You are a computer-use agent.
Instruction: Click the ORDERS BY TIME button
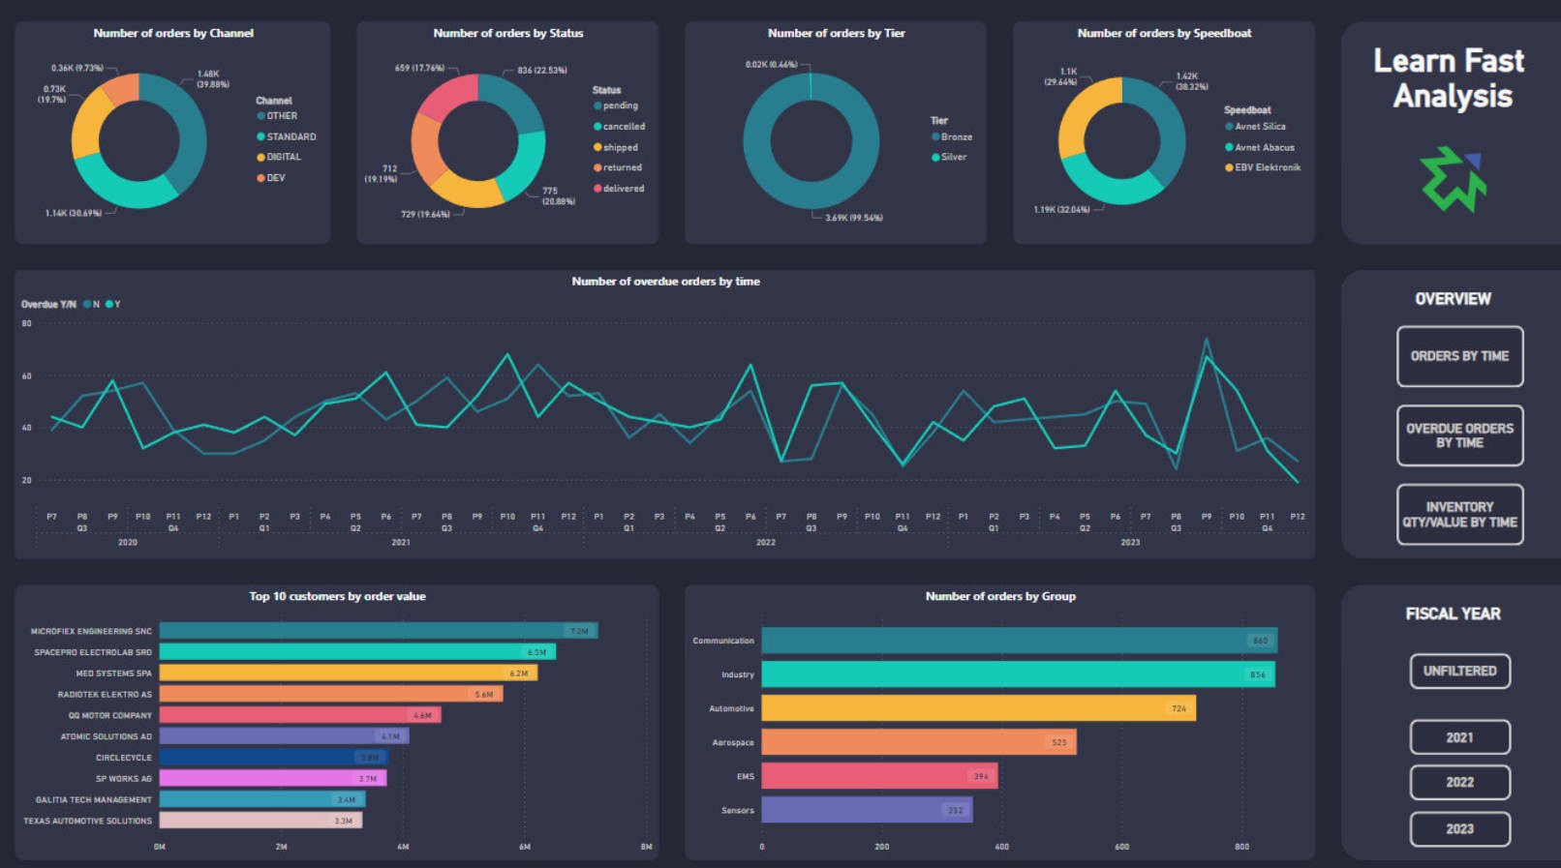pyautogui.click(x=1459, y=356)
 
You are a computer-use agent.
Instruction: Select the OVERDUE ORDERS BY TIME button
pyautogui.click(x=1459, y=435)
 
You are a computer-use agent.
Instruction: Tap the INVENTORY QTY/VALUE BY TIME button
pyautogui.click(x=1459, y=514)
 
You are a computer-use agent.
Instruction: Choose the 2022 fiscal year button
pyautogui.click(x=1459, y=782)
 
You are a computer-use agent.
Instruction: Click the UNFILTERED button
pyautogui.click(x=1459, y=671)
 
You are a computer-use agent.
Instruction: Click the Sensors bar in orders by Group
pyautogui.click(x=867, y=810)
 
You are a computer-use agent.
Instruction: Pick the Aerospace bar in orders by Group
pyautogui.click(x=918, y=742)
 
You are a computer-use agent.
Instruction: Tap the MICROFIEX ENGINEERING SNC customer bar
pyautogui.click(x=378, y=631)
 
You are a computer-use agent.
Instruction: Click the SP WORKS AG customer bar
pyautogui.click(x=272, y=778)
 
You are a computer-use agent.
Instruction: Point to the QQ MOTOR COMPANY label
pyautogui.click(x=110, y=716)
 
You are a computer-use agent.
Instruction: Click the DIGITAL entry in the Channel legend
pyautogui.click(x=284, y=157)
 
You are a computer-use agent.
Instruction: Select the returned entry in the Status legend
pyautogui.click(x=622, y=167)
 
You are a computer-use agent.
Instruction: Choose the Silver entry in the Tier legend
pyautogui.click(x=953, y=157)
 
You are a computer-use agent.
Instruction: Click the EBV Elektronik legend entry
pyautogui.click(x=1267, y=167)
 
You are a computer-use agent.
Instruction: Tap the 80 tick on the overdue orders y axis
pyautogui.click(x=27, y=324)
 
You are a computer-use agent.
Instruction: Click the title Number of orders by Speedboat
pyautogui.click(x=1164, y=33)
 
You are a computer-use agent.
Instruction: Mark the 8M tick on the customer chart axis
pyautogui.click(x=646, y=847)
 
